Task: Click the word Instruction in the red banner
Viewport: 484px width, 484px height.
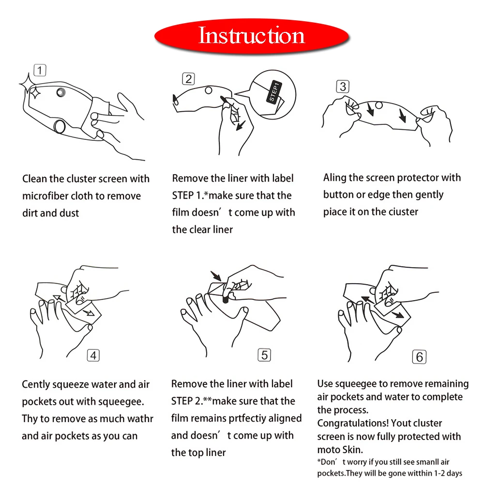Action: (252, 35)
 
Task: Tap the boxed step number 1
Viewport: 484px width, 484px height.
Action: (40, 70)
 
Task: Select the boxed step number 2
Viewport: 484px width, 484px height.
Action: (188, 79)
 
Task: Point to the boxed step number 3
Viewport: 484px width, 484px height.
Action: (343, 87)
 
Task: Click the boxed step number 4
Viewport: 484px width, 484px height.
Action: (93, 355)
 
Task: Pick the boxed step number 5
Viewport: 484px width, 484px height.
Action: (264, 355)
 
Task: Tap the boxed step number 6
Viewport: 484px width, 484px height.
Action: (419, 357)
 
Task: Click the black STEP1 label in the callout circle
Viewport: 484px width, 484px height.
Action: (274, 92)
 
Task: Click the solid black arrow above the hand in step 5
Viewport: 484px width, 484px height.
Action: (216, 276)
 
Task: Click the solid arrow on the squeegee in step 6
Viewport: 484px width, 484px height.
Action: (397, 315)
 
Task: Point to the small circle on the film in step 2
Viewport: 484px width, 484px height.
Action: (209, 90)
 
